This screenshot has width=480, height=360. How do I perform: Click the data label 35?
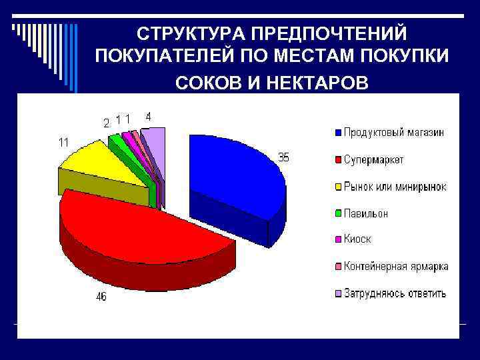284,157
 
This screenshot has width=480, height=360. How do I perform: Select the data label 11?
63,142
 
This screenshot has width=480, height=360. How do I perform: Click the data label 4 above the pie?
148,116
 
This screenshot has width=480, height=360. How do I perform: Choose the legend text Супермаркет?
373,160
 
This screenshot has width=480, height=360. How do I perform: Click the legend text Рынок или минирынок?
395,187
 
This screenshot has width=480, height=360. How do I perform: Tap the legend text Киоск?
357,239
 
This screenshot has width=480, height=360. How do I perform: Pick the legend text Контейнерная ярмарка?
396,266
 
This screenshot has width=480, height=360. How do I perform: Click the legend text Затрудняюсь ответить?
395,293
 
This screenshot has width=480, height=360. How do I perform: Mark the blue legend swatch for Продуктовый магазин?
338,133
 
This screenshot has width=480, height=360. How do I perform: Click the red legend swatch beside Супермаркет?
338,160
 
